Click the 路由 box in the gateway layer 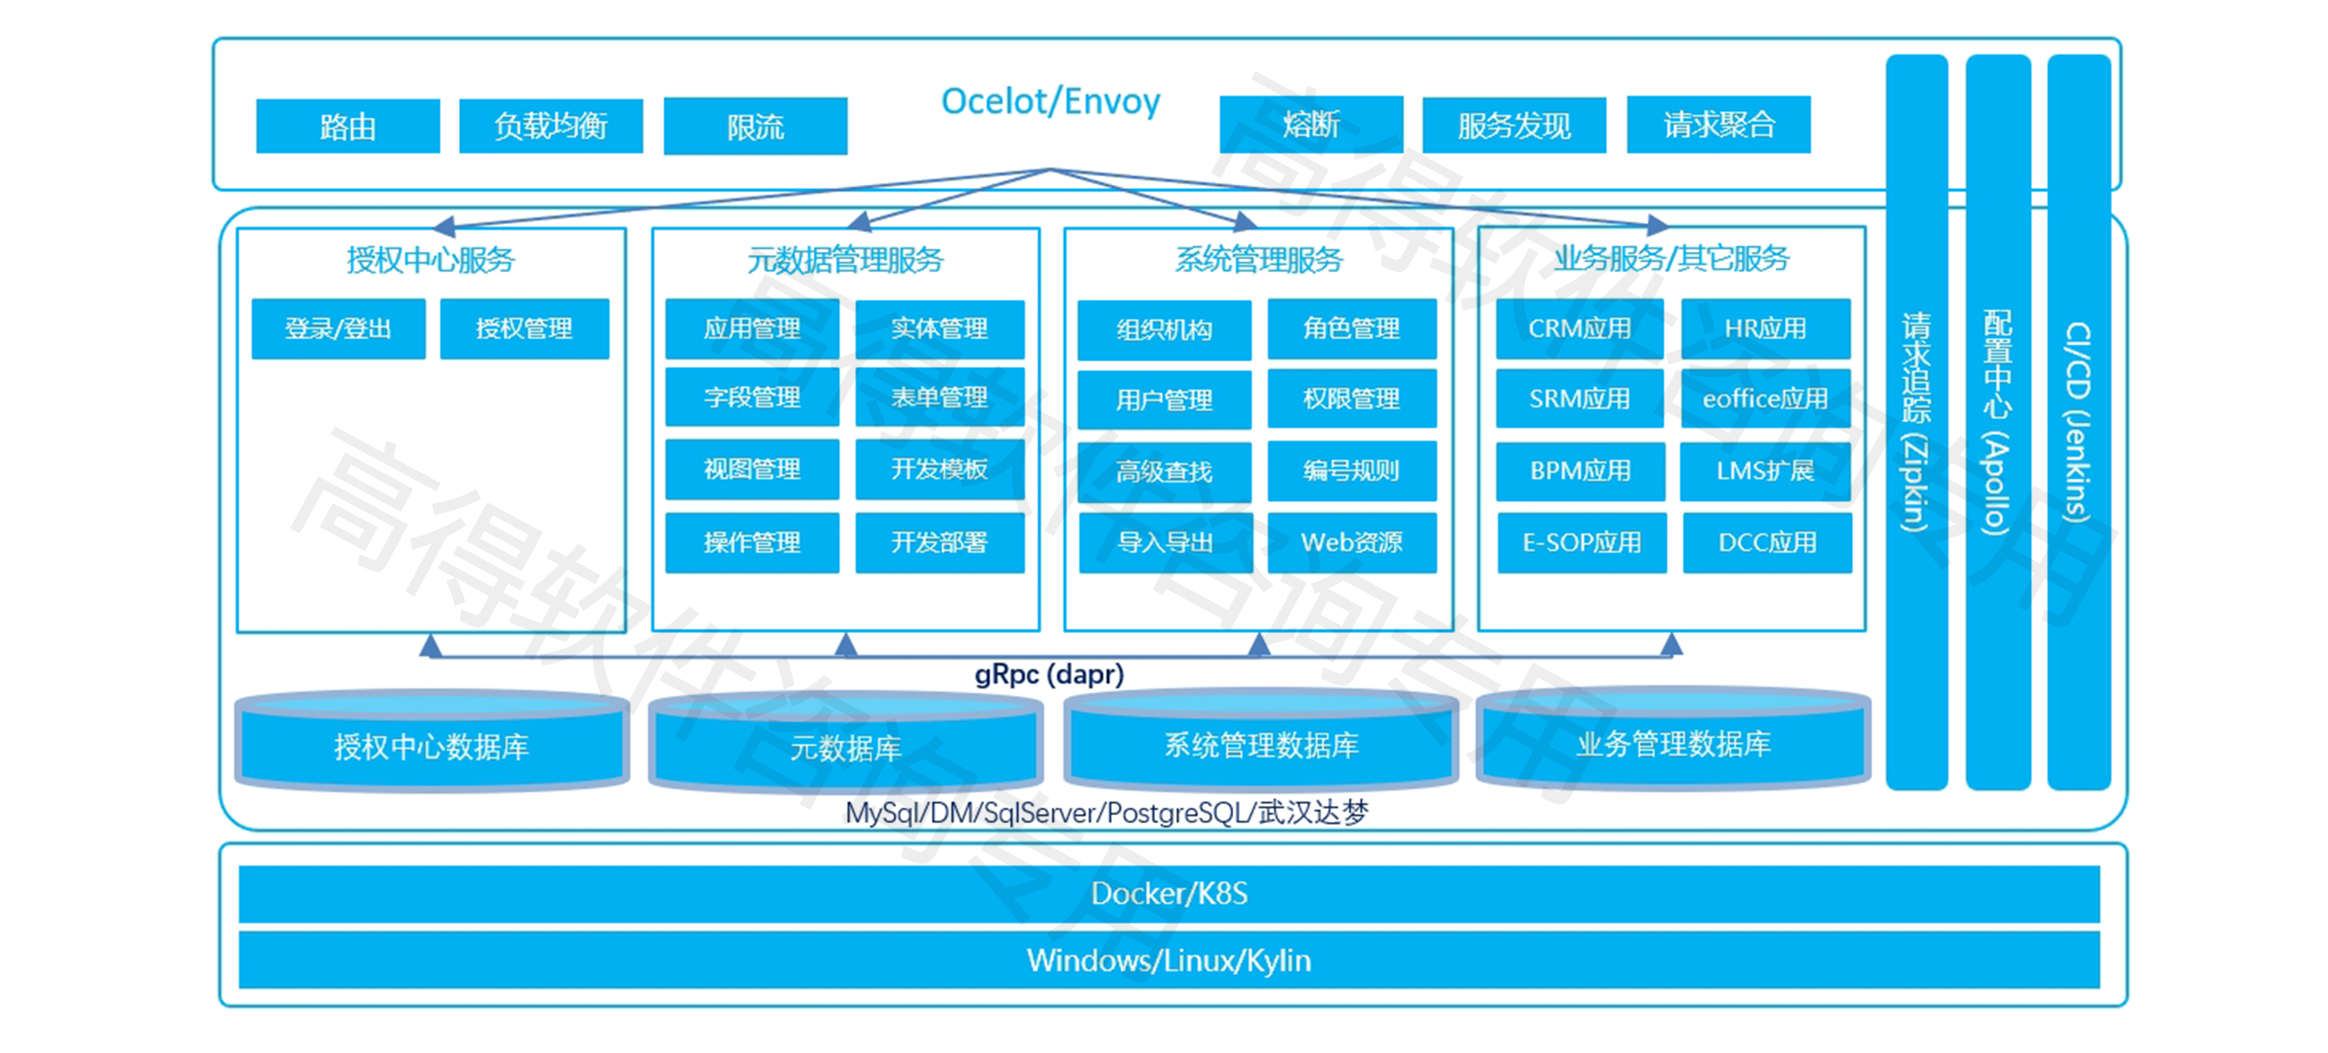348,126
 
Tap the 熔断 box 1311,124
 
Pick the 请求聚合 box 1718,124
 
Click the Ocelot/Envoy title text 1050,101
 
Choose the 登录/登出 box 338,328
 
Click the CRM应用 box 1579,328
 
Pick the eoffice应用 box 1765,398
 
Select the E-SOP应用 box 1582,542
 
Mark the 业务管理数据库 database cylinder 1673,743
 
